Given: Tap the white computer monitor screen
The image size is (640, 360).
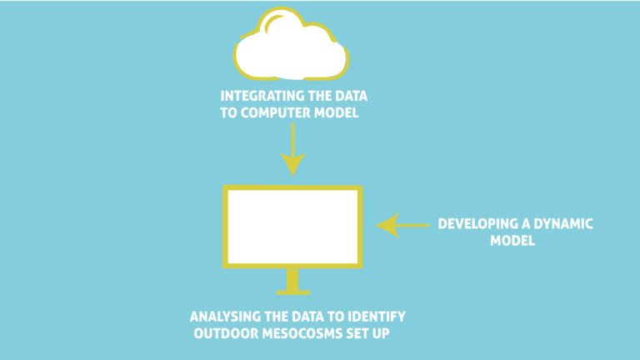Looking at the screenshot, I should click(292, 225).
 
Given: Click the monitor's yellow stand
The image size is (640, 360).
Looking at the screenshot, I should click(292, 282).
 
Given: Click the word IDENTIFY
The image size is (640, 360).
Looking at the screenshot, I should click(374, 317).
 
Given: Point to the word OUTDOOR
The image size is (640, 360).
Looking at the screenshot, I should click(223, 334).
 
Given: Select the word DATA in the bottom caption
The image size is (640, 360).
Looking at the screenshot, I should click(308, 317).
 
